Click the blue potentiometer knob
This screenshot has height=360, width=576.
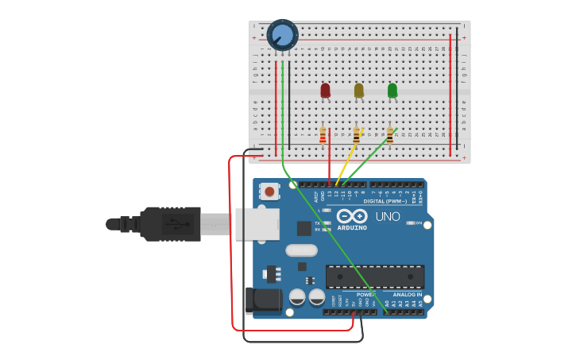[x=282, y=35]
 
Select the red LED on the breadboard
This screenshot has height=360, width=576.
[x=325, y=91]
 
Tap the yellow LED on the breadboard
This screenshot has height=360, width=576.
[x=358, y=91]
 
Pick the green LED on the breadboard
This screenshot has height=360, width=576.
[x=392, y=91]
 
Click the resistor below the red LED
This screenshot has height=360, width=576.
[x=323, y=136]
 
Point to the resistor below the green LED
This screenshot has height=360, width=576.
[x=389, y=136]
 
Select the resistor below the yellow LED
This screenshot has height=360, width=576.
[x=356, y=136]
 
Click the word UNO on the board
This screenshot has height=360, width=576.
[x=387, y=216]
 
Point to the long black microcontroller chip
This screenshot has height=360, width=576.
[x=374, y=277]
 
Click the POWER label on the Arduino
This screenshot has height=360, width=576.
[x=365, y=294]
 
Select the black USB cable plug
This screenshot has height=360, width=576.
[x=171, y=224]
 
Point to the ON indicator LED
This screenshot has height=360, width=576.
[x=411, y=223]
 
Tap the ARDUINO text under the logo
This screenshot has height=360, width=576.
[x=351, y=227]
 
